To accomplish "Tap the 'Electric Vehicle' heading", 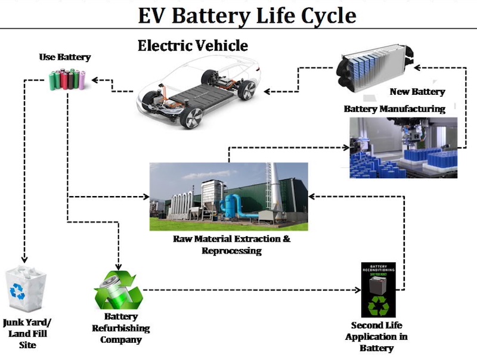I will click(x=192, y=45).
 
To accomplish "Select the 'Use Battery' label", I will click(x=65, y=57).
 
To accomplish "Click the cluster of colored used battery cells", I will click(x=67, y=80).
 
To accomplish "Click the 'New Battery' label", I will click(x=417, y=92).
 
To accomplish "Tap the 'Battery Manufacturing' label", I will click(x=394, y=109).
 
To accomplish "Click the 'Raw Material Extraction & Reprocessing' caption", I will click(x=231, y=244).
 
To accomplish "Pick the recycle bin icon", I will click(x=22, y=288).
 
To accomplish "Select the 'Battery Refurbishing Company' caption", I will click(x=120, y=328).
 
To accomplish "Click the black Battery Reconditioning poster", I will click(x=378, y=290).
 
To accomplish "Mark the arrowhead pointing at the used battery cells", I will click(x=95, y=79).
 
